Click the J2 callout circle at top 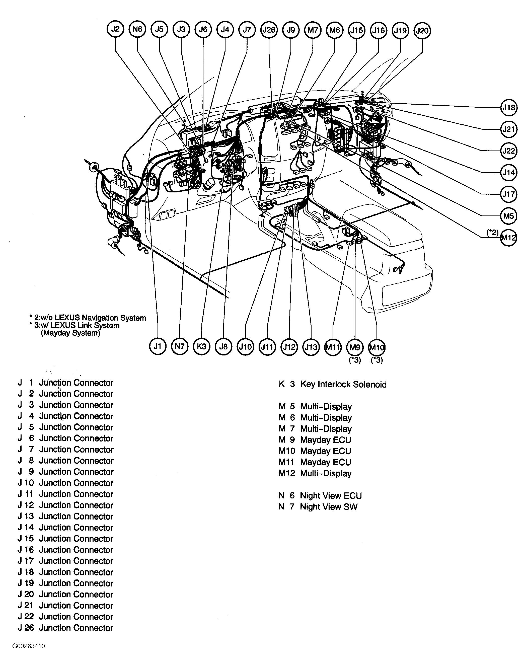tap(115, 29)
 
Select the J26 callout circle tap(269, 30)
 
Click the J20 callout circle tap(422, 31)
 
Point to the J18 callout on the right tap(508, 108)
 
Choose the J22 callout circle tap(508, 151)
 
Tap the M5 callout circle tap(508, 216)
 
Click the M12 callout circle tap(508, 238)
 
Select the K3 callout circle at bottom tap(201, 346)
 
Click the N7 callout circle tap(180, 346)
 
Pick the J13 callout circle tap(311, 347)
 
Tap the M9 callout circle tap(355, 348)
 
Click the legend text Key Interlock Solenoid tap(343, 384)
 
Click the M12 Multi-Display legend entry tap(326, 473)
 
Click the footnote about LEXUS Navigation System tap(88, 318)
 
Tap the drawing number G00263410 tap(29, 646)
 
